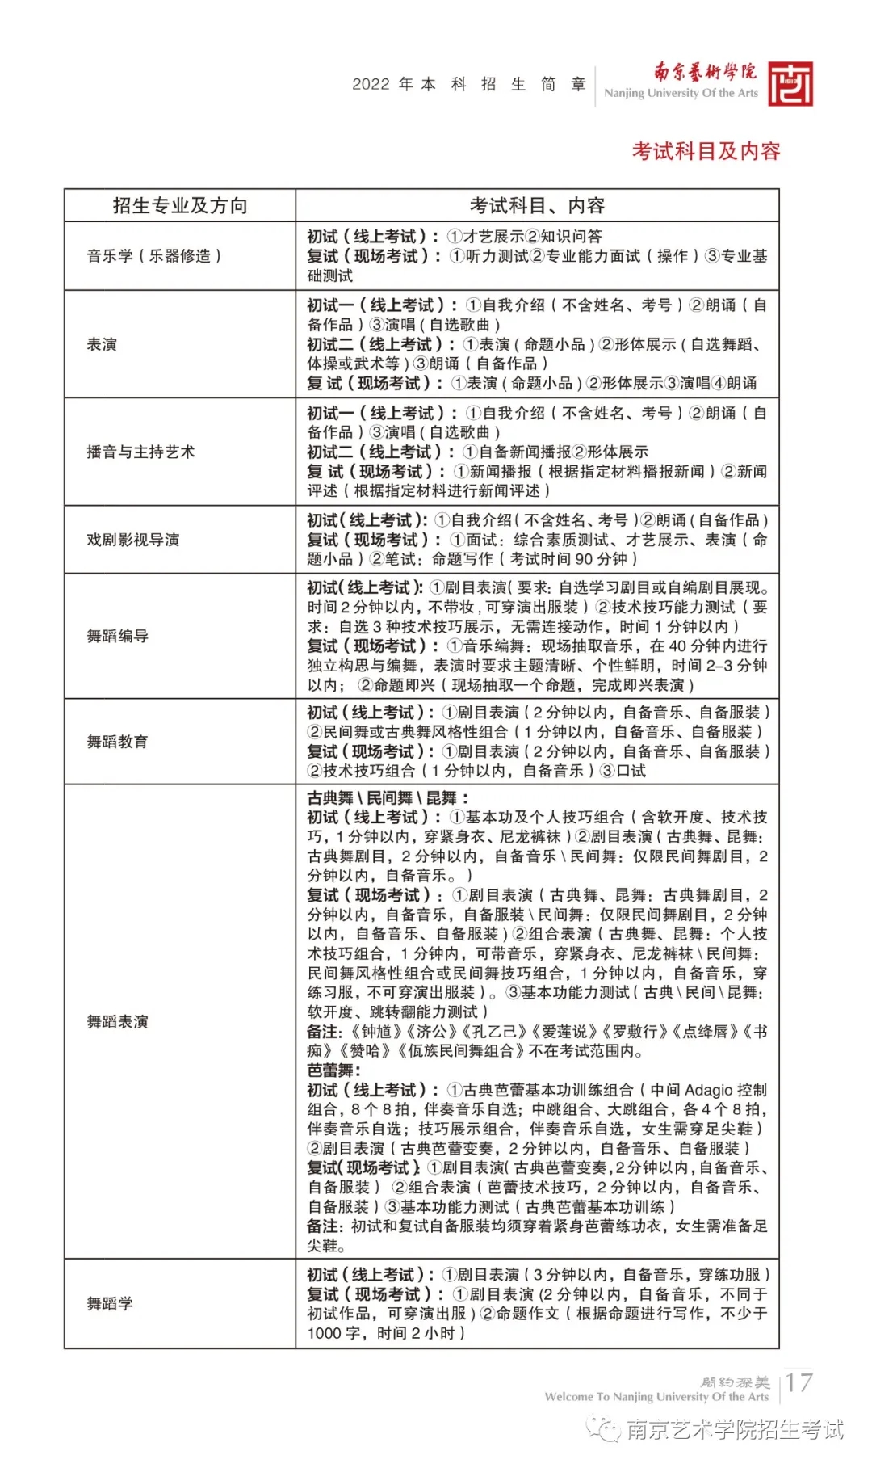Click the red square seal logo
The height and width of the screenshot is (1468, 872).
click(790, 84)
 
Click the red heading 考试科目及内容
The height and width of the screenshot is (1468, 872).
click(706, 151)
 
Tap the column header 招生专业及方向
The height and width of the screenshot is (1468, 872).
click(180, 206)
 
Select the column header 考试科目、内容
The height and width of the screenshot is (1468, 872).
click(537, 206)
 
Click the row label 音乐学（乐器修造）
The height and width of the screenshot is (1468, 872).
click(153, 256)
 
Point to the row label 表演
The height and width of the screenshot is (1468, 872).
click(102, 344)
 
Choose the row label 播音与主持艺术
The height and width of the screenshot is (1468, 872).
click(140, 452)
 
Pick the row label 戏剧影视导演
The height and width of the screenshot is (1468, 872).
click(133, 540)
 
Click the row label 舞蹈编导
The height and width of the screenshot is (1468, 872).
click(118, 636)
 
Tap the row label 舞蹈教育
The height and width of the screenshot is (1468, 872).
click(118, 742)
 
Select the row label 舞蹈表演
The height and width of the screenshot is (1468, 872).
click(118, 1022)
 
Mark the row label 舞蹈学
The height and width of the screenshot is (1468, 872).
click(110, 1303)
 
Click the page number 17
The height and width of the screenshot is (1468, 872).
click(799, 1382)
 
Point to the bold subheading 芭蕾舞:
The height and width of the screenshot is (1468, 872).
click(333, 1071)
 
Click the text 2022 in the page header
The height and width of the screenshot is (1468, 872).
click(371, 85)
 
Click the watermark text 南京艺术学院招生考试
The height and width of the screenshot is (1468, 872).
click(734, 1429)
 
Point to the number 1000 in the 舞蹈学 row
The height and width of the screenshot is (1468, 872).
click(324, 1333)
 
